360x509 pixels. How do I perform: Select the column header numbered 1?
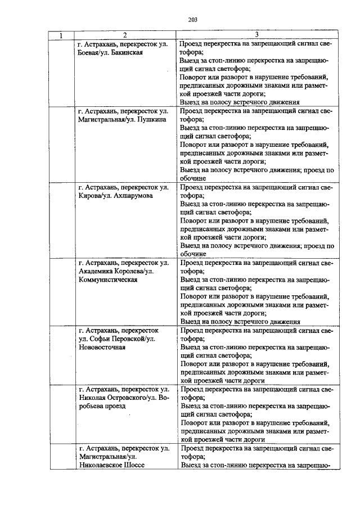[x=60, y=35]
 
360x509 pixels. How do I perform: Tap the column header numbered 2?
[x=125, y=35]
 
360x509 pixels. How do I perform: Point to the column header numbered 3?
[x=256, y=35]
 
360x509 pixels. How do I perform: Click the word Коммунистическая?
[x=107, y=280]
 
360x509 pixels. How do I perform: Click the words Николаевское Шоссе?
[x=112, y=466]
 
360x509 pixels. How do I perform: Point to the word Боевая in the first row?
[x=90, y=53]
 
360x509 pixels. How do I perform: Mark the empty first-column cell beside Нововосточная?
[x=60, y=355]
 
